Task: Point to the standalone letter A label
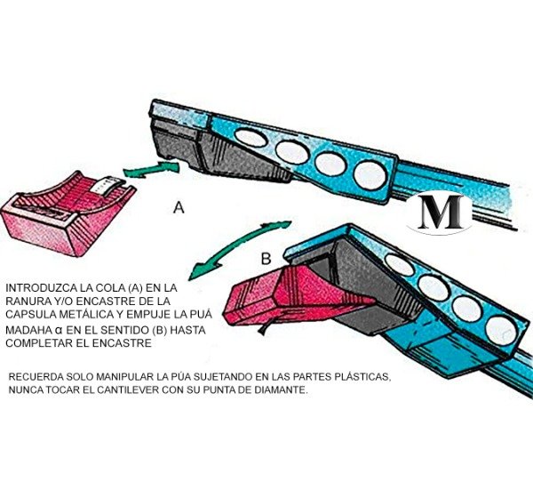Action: [179, 208]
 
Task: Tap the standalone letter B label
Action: [265, 259]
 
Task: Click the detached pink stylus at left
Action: [68, 213]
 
